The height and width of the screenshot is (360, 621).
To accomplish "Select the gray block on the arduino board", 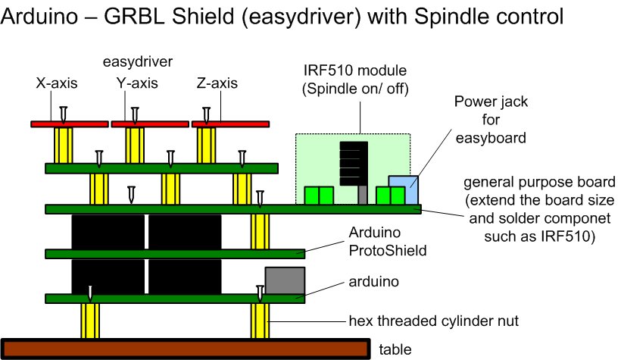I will (284, 281).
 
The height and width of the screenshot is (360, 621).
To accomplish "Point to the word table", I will (395, 349).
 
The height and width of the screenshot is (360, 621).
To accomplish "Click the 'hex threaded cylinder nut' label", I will (434, 321).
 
